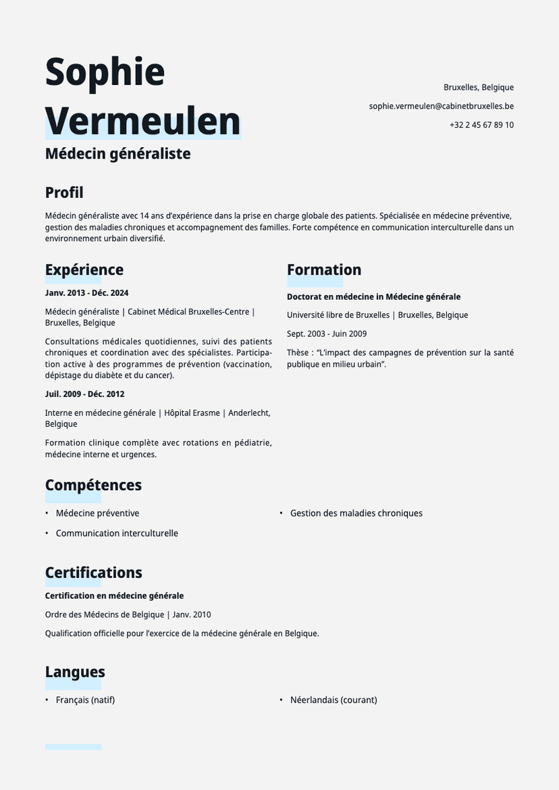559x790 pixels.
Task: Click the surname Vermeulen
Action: click(x=142, y=122)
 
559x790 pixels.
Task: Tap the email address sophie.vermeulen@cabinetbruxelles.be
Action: click(x=441, y=106)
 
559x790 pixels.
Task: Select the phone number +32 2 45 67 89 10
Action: click(x=481, y=125)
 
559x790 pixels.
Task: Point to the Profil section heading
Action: click(x=64, y=192)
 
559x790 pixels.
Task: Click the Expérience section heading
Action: click(x=84, y=270)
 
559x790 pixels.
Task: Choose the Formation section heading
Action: click(x=324, y=270)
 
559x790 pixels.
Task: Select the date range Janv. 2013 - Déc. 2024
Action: click(x=86, y=293)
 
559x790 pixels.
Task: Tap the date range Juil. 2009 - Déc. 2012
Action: click(x=84, y=394)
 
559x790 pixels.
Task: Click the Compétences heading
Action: click(x=93, y=485)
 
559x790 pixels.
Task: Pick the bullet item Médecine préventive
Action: click(x=97, y=513)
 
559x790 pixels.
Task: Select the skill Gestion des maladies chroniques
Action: click(x=356, y=513)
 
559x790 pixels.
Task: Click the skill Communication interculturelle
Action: click(x=117, y=533)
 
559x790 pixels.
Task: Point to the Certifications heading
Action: click(x=93, y=573)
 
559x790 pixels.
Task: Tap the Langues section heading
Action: click(x=75, y=672)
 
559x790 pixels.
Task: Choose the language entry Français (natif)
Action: click(x=85, y=700)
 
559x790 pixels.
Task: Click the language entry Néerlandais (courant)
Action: click(x=334, y=700)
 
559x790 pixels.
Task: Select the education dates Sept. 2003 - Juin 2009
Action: click(x=327, y=334)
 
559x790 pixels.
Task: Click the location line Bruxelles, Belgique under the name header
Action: click(x=478, y=87)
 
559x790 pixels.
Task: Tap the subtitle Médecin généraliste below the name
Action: click(x=117, y=154)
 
